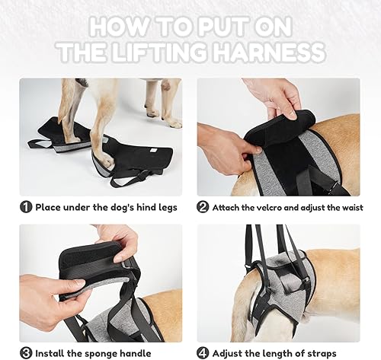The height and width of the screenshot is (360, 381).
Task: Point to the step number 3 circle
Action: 25,352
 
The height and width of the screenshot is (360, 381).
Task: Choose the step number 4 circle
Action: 203,352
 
